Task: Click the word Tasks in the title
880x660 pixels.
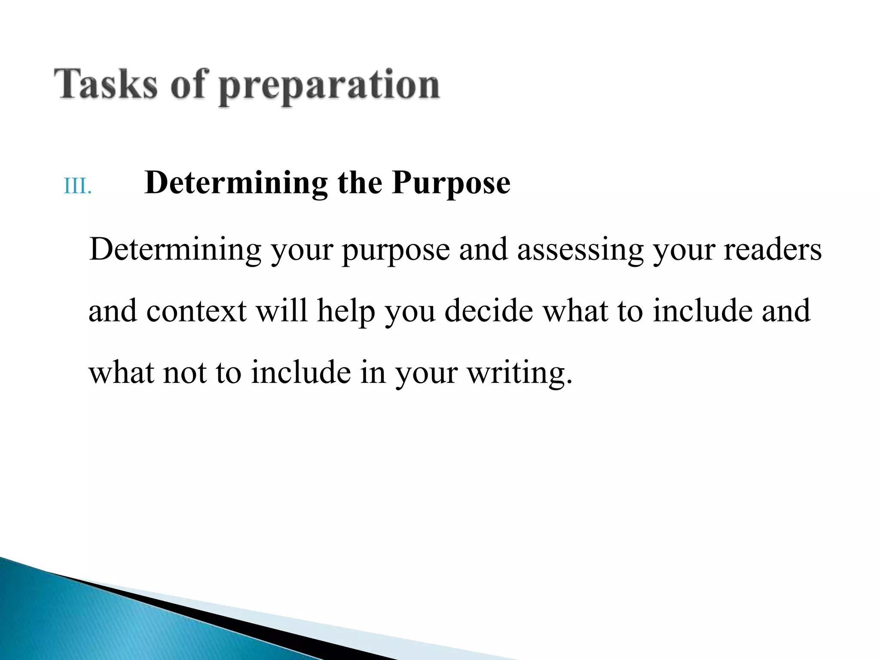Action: (x=106, y=85)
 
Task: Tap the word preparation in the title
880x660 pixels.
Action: (x=329, y=86)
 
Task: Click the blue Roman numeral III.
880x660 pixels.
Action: (x=78, y=186)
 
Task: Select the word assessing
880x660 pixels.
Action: (x=580, y=250)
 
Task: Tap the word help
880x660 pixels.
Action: (x=346, y=311)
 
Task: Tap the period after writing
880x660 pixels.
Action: (x=569, y=381)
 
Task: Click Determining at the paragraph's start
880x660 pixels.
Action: (x=175, y=250)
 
